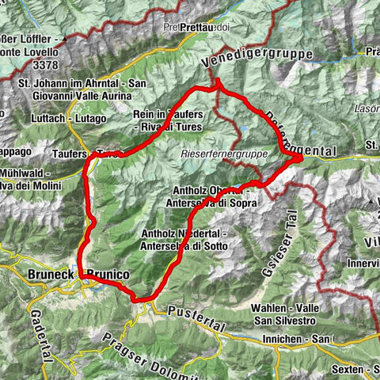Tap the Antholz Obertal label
pyautogui.click(x=213, y=195)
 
